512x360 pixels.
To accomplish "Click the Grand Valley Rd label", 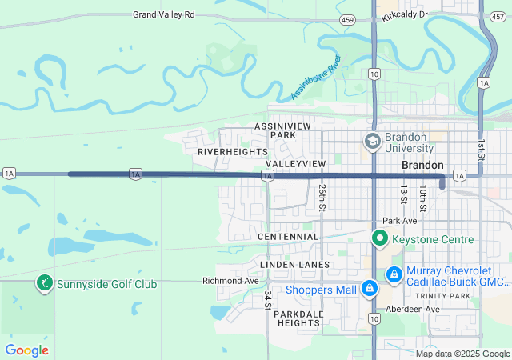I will (x=164, y=14).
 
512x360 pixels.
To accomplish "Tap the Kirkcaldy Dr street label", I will (x=405, y=14).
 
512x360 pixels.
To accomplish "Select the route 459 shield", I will (x=346, y=18).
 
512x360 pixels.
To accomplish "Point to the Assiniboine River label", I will (x=316, y=78).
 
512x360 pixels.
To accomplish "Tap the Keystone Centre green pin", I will (x=381, y=239).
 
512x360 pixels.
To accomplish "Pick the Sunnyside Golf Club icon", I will (x=45, y=283).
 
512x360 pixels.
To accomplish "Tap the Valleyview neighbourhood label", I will (x=295, y=163).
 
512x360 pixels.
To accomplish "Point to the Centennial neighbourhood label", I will (x=288, y=237).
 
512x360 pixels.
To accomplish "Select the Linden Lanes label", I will (x=294, y=264).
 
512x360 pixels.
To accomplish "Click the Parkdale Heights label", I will (x=298, y=318).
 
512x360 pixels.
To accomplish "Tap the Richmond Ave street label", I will (x=231, y=281).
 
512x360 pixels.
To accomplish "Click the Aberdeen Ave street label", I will (x=413, y=309).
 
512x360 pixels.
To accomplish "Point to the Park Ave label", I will (x=401, y=220).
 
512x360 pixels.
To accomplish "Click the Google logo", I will (x=26, y=350).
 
